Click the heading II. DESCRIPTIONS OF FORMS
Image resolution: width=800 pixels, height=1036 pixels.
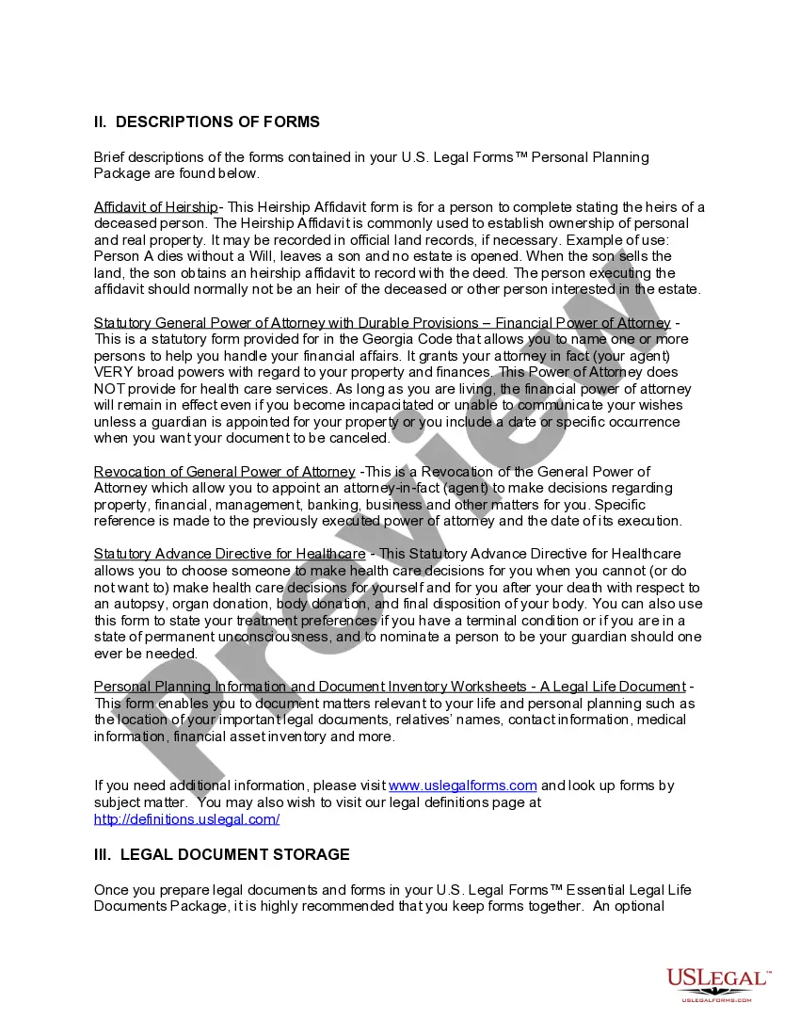point(207,121)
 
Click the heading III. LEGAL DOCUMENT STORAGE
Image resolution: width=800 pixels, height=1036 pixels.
point(222,854)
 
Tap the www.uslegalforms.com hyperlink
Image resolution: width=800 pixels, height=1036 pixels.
point(463,785)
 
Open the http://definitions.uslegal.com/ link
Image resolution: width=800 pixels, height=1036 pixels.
point(186,819)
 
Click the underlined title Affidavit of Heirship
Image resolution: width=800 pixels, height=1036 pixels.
point(155,207)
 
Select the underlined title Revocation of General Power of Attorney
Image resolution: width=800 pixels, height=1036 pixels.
point(224,472)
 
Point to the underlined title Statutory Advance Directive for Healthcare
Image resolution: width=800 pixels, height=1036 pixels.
point(230,554)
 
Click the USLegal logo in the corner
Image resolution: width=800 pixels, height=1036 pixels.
point(717,983)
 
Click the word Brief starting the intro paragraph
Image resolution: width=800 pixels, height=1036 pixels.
point(110,157)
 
